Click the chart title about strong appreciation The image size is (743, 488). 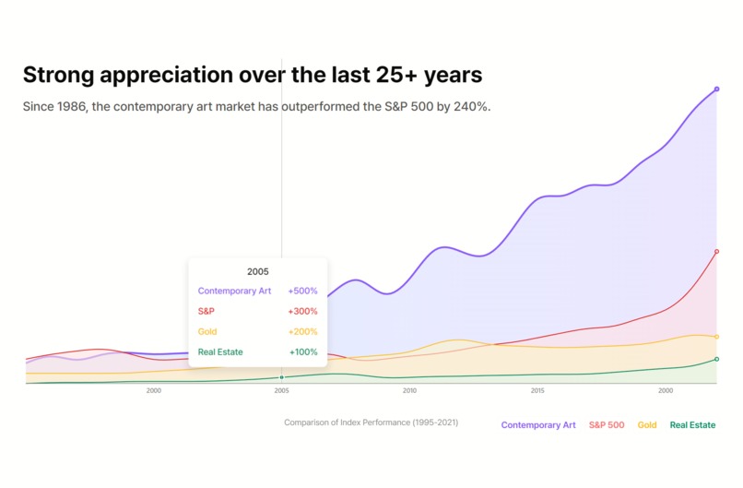252,75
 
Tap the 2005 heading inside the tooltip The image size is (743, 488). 258,272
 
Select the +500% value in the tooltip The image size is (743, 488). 302,291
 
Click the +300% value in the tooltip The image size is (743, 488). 302,312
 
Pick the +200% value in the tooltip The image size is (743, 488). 302,332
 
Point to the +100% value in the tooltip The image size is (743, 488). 303,352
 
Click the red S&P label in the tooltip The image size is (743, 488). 207,312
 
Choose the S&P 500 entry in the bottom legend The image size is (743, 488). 607,425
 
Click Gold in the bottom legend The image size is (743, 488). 647,425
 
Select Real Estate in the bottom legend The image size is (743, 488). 692,425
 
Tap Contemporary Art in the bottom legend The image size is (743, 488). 538,425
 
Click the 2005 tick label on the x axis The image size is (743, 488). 281,391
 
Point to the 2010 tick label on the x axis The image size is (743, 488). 409,391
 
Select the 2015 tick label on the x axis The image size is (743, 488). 537,391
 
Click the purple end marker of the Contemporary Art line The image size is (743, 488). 716,89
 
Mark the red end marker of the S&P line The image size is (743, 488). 716,251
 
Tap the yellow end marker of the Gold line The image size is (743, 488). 716,337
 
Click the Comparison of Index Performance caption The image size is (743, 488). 371,423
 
